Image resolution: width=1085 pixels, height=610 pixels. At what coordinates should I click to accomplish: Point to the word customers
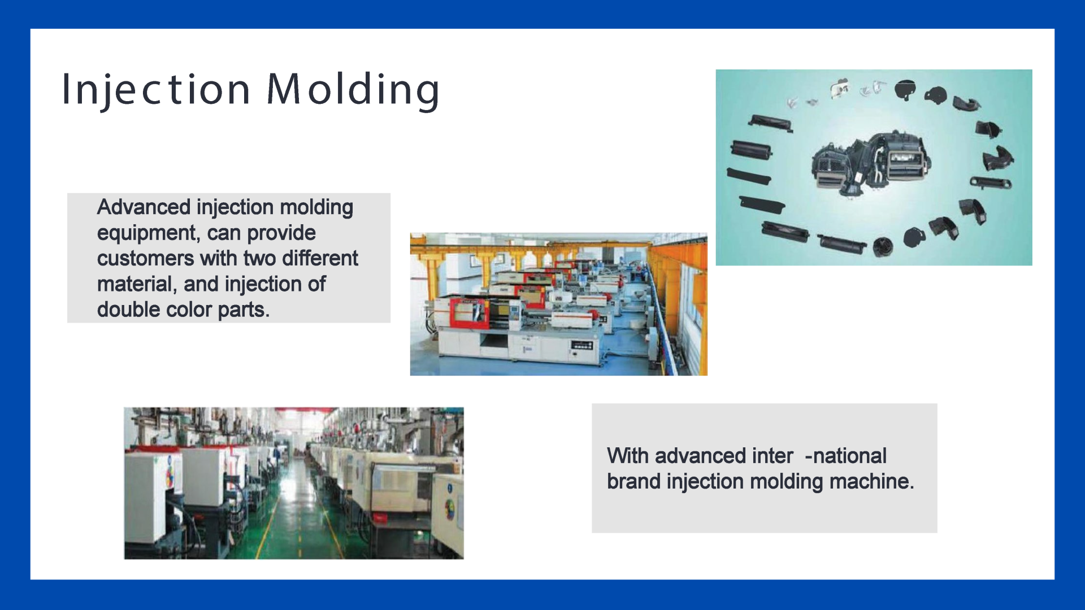(x=146, y=259)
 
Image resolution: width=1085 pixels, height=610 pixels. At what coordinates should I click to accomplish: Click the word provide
(x=281, y=233)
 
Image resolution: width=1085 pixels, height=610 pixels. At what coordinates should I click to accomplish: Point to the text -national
(x=846, y=456)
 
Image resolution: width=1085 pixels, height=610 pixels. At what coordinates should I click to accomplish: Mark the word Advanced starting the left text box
(x=144, y=207)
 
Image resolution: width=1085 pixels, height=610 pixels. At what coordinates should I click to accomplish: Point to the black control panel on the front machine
(x=582, y=345)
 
